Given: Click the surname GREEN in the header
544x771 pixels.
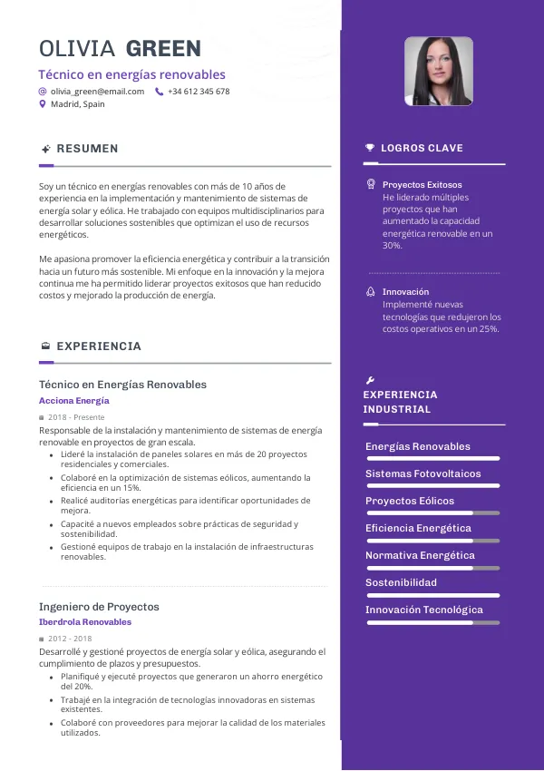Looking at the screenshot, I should coord(163,48).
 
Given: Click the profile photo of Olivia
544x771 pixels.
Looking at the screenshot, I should coord(438,72).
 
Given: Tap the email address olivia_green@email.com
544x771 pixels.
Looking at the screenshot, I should coord(97,92).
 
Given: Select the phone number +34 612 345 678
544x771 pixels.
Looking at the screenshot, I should coord(199,92).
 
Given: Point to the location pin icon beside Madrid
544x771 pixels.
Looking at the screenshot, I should coord(43,104).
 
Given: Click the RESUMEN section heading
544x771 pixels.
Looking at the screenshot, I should coord(87,149).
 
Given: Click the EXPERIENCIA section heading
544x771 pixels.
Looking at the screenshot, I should coord(99,346).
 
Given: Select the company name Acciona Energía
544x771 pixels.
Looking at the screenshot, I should coord(74,400).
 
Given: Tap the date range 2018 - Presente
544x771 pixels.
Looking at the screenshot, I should coord(76,417).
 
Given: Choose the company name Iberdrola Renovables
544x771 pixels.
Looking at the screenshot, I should coord(85,622).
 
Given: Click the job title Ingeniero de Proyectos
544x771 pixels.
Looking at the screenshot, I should coord(99,606).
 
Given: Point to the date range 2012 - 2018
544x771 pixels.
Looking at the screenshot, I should coord(70,639).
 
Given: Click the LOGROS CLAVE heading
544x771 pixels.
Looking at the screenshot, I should coord(422,148).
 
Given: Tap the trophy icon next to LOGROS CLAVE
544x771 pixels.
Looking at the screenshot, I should coord(369,148).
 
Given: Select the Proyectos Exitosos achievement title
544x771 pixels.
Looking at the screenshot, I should coord(422,184).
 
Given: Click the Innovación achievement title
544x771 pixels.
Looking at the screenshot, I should coord(405,292).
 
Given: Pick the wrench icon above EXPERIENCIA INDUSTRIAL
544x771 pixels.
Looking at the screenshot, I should coord(369,380).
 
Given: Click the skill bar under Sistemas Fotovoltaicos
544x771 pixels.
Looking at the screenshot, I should coord(432,486).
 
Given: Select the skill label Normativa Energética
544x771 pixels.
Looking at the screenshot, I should coord(420,555).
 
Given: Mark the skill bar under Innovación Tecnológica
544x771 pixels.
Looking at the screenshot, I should coord(432,623).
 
